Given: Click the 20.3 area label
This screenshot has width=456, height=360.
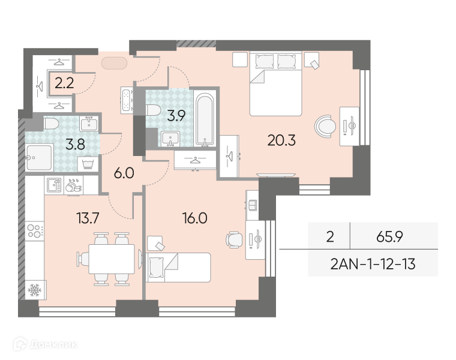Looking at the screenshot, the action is [281, 140].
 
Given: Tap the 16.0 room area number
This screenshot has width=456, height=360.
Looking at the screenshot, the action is [195, 218].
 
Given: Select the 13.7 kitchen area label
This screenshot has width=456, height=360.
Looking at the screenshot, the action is [88, 218].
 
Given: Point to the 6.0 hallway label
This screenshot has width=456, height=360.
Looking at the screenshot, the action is [124, 173].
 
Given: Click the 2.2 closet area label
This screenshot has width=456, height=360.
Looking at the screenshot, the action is [64, 84].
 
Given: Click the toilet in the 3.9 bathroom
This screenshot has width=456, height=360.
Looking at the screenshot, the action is [153, 110].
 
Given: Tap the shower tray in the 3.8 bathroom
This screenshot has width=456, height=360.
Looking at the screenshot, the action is [39, 157].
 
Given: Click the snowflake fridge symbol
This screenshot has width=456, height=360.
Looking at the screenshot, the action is [35, 290].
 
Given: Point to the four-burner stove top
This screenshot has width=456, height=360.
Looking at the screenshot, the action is [35, 231].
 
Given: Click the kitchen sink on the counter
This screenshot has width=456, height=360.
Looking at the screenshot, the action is [54, 185].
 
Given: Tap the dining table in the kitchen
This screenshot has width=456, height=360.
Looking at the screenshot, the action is [112, 259].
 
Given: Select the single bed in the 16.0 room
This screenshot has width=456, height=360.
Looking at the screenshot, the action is [178, 268].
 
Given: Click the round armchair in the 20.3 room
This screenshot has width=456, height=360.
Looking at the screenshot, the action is [325, 127].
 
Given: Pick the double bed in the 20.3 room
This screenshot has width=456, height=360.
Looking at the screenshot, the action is [275, 84].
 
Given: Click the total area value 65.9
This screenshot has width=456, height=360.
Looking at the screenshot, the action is [389, 237].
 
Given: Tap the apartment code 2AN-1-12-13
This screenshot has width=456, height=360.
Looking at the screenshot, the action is [373, 265].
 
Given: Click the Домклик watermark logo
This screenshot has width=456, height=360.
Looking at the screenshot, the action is [46, 344].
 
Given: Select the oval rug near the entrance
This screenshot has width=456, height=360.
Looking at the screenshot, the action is [114, 63].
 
